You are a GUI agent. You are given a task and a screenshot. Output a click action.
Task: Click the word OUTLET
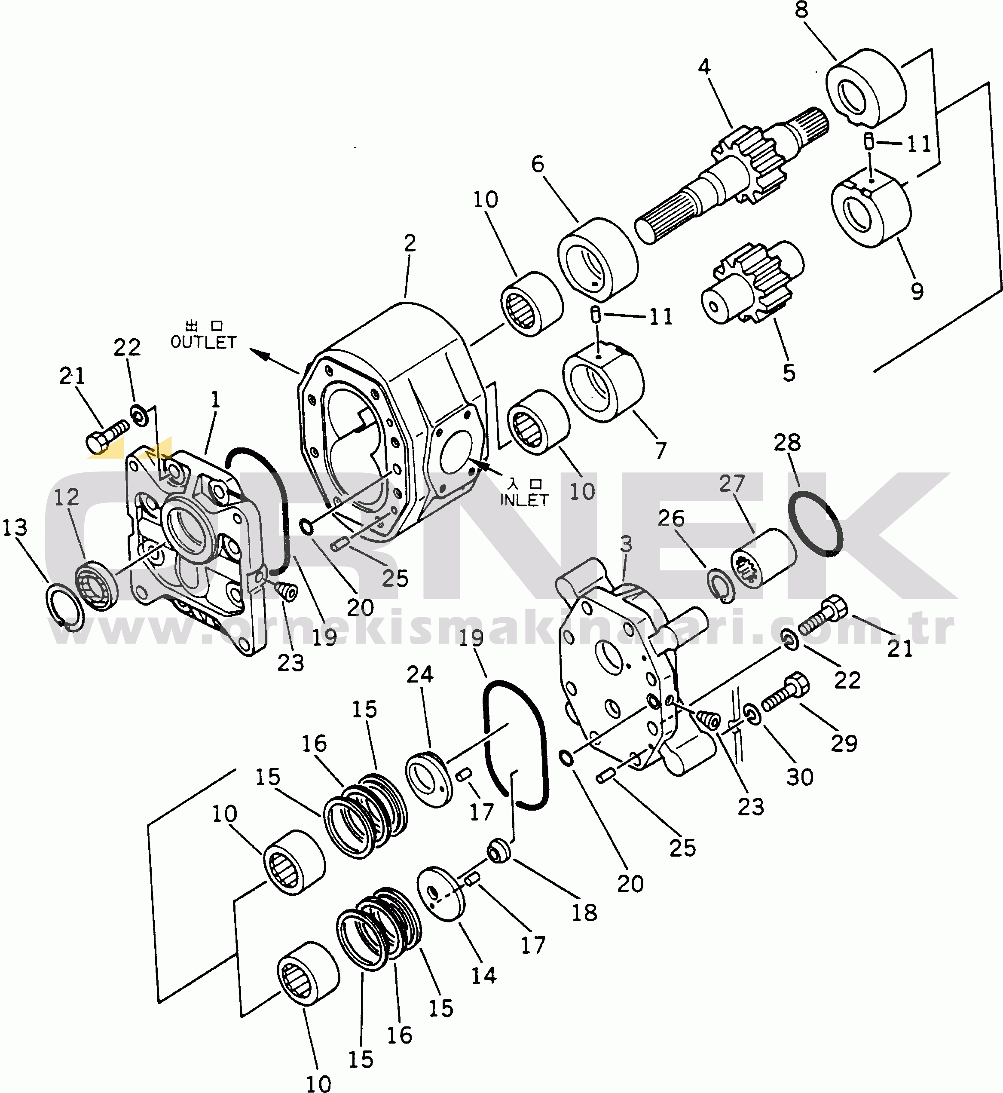point(204,343)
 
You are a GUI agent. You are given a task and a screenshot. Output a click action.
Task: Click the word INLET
point(524,500)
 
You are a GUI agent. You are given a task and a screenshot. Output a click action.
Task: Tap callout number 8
point(801,10)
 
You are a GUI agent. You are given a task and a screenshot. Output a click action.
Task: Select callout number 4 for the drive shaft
point(704,67)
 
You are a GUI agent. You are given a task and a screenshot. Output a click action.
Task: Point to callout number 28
point(787,443)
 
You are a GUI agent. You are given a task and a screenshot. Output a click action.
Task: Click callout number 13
point(15,527)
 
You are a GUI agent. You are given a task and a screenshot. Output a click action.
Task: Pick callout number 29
point(844,744)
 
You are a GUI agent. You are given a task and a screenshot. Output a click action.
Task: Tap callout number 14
point(483,975)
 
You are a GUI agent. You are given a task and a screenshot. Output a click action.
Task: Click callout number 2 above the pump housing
point(410,243)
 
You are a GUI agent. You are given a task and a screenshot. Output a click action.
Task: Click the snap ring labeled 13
point(64,608)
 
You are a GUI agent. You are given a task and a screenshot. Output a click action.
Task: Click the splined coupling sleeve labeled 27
point(762,558)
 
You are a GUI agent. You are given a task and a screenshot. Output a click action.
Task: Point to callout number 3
point(626,544)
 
